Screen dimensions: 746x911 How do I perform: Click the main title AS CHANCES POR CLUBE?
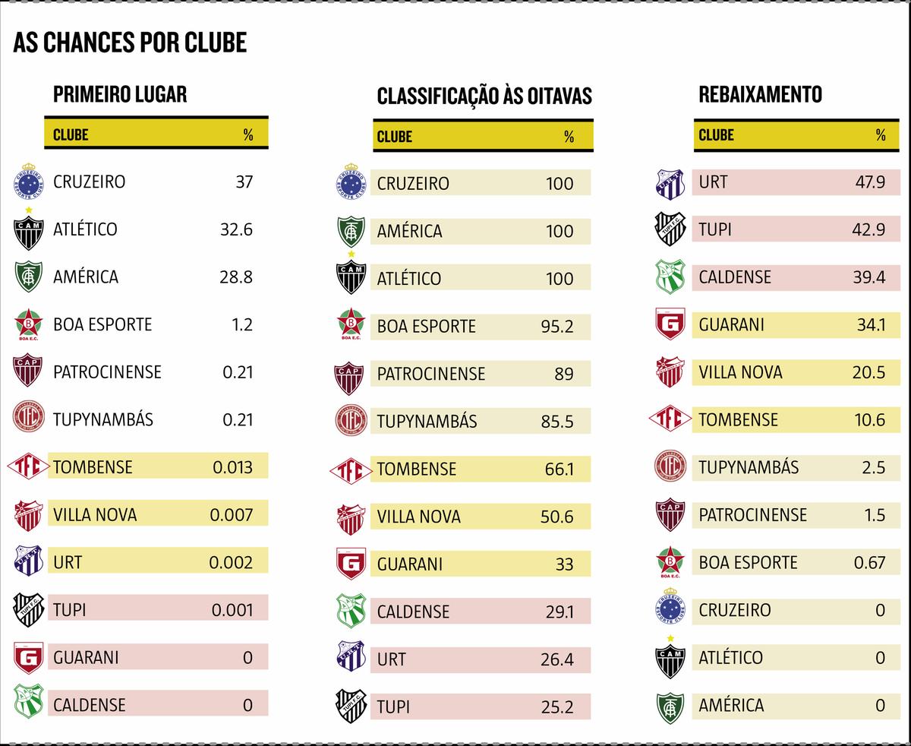[x=130, y=43]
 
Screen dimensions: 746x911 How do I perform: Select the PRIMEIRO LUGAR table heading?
[x=120, y=94]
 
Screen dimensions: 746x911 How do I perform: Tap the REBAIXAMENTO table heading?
[x=760, y=94]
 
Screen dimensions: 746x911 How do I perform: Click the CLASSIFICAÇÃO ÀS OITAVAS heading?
[x=484, y=96]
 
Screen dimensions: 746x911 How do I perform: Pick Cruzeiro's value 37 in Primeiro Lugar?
[x=244, y=182]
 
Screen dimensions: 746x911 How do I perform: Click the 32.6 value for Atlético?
[x=236, y=229]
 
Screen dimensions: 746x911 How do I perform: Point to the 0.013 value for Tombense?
[x=232, y=467]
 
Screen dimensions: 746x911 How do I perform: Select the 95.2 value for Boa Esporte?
[x=557, y=327]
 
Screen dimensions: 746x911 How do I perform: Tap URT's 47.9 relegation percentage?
[x=868, y=182]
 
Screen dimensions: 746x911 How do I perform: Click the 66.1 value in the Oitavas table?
[x=559, y=469]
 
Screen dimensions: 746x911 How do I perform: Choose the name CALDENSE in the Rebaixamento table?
[x=735, y=277]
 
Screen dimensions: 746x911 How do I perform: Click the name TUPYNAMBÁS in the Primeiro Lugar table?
[x=103, y=419]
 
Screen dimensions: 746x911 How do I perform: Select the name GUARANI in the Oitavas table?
[x=410, y=564]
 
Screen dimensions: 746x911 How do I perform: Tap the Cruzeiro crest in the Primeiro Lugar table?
[x=28, y=182]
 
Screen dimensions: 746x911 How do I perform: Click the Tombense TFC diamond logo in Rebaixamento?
[x=670, y=419]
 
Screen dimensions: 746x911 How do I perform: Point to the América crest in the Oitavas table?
[x=351, y=231]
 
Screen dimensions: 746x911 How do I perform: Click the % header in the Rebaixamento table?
[x=881, y=135]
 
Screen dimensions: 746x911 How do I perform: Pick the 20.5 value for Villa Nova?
[x=868, y=372]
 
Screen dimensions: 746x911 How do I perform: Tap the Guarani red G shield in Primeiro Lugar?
[x=28, y=657]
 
